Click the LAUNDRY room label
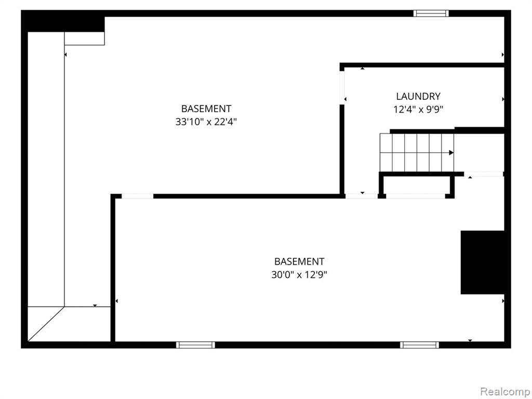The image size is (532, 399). [x=418, y=96]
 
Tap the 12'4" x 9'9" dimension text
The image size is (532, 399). [x=418, y=110]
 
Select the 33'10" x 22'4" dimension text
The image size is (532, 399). [x=206, y=122]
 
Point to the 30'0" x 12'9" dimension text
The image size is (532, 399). [x=299, y=274]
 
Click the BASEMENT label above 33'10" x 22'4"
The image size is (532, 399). [x=206, y=109]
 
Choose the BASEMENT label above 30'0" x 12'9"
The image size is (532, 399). [x=299, y=262]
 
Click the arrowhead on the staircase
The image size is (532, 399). [x=451, y=153]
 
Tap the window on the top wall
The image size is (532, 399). [x=431, y=14]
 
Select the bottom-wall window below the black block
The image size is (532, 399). [x=419, y=345]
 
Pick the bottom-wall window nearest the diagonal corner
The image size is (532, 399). [x=195, y=345]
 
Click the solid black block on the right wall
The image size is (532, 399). [x=483, y=262]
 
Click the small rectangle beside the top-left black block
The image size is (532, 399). [x=85, y=38]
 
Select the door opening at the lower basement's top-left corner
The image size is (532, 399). [x=137, y=196]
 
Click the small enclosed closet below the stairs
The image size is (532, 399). [x=416, y=185]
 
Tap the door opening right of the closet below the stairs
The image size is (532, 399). [x=484, y=174]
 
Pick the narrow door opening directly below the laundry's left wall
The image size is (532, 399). [x=362, y=196]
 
